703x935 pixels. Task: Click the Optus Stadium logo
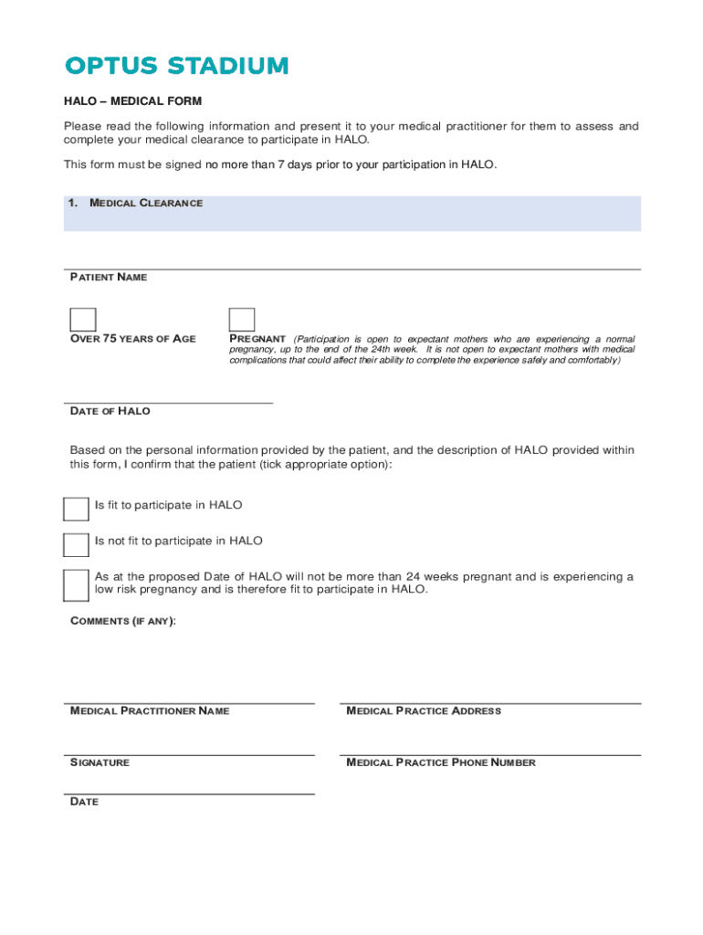[177, 66]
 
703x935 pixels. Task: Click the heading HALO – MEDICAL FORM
[132, 101]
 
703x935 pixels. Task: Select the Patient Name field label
[109, 277]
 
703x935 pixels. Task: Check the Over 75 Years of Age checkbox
[83, 320]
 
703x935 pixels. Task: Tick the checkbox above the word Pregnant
[242, 320]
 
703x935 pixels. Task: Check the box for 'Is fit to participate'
[76, 510]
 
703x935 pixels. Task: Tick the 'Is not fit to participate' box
[76, 545]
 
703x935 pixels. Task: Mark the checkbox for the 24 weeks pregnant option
[76, 585]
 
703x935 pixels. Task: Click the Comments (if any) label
[123, 621]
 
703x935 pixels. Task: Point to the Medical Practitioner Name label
[150, 711]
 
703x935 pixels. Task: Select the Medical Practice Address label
[424, 711]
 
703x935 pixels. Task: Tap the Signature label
[100, 762]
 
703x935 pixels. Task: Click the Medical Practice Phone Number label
[441, 762]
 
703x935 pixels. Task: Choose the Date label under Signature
[85, 802]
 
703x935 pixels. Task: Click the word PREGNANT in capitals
[257, 339]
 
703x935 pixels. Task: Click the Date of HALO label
[110, 412]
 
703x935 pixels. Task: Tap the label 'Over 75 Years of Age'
[133, 339]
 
